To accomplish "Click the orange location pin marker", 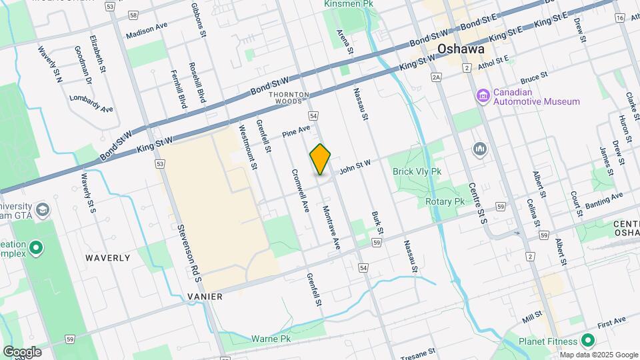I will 320,159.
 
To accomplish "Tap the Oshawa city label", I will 459,49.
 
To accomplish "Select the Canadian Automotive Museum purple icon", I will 483,97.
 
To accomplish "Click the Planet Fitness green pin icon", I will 587,341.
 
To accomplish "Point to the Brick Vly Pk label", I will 417,171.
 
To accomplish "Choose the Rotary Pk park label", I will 444,201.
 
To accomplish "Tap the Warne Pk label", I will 271,339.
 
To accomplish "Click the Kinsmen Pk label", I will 348,4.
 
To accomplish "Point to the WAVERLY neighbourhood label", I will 107,257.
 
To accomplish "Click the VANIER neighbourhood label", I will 205,296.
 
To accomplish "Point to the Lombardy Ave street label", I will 91,103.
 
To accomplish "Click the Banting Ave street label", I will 603,199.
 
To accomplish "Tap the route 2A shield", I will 437,77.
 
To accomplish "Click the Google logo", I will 22,351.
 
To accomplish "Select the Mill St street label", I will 532,316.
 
